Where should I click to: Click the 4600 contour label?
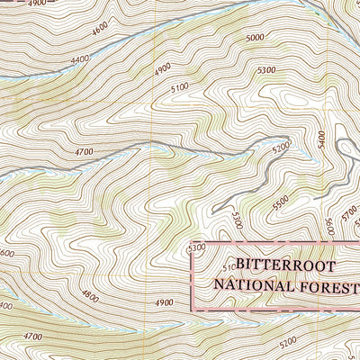pyautogui.click(x=99, y=30)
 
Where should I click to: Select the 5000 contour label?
pyautogui.click(x=255, y=38)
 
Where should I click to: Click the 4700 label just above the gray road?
pyautogui.click(x=85, y=154)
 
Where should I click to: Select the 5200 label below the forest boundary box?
pyautogui.click(x=288, y=343)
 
